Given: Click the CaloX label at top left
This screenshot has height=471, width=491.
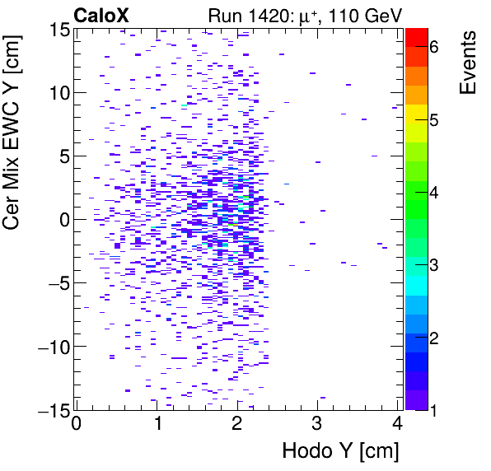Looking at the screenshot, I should [x=101, y=14].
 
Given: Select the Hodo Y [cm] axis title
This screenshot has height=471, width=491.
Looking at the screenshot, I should [x=340, y=451].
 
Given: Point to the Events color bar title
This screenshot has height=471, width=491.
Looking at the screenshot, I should [x=467, y=63].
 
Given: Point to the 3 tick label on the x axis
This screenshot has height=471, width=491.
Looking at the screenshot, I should [x=317, y=424].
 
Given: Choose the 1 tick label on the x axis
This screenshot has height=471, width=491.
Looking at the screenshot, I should [x=157, y=424].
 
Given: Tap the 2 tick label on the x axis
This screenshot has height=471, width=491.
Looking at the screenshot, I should [x=237, y=424].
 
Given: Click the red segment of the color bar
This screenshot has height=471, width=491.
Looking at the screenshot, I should [x=417, y=35].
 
